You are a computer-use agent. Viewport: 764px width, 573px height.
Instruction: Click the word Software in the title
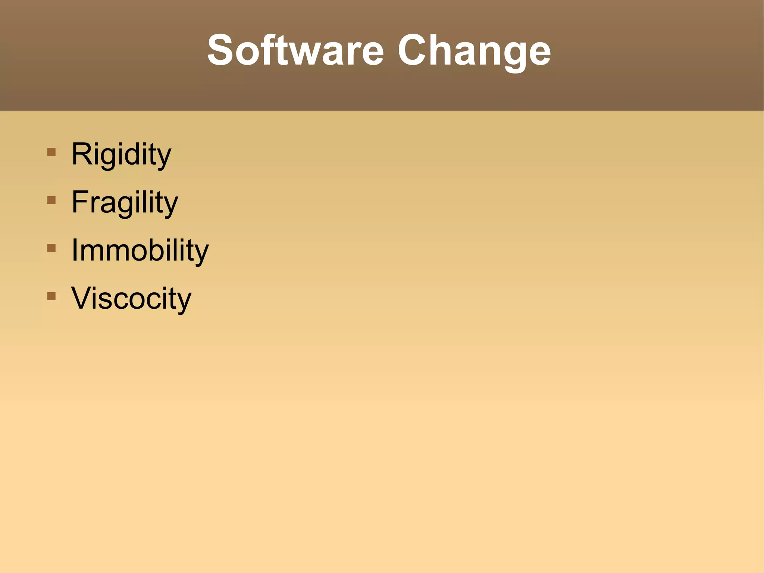click(295, 50)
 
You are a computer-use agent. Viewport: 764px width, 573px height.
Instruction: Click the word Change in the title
click(474, 50)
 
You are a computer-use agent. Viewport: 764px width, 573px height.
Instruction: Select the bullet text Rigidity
click(121, 154)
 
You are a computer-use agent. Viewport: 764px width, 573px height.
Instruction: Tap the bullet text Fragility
click(125, 202)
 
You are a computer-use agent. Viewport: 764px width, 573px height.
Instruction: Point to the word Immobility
click(140, 250)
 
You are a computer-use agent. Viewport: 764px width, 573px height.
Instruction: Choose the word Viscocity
click(131, 298)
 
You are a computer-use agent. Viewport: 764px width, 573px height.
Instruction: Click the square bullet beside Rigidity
click(51, 152)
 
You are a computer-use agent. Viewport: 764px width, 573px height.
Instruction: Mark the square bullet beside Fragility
click(51, 200)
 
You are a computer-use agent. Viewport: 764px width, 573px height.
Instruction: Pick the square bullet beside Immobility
click(51, 248)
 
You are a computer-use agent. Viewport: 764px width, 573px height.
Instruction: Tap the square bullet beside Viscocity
click(51, 296)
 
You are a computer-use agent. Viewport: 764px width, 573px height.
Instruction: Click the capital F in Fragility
click(79, 202)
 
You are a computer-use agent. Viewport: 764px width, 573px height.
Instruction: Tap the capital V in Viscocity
click(82, 298)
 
